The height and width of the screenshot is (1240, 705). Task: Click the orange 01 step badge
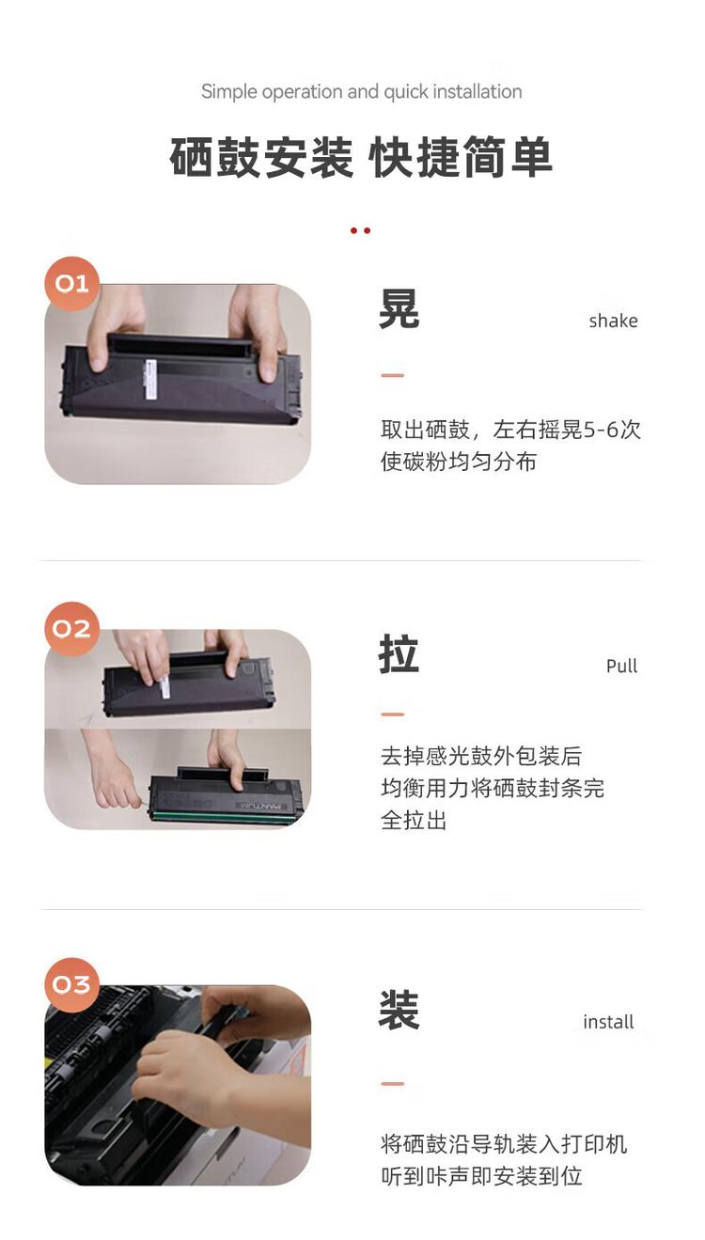(x=71, y=283)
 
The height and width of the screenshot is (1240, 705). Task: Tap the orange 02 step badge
(x=71, y=629)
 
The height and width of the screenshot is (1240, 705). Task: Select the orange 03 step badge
(x=71, y=984)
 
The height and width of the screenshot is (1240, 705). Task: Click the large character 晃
(x=399, y=308)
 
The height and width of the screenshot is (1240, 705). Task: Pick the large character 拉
(x=399, y=654)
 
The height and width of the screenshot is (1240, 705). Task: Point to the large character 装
(x=399, y=1010)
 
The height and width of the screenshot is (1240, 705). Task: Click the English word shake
(x=613, y=321)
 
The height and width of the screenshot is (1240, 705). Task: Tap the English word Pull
(x=621, y=667)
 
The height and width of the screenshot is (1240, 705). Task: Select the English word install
(x=608, y=1022)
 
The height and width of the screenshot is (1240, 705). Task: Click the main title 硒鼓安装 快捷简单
(x=361, y=157)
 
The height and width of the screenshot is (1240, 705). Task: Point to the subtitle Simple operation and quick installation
(x=361, y=91)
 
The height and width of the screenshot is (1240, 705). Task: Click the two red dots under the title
(x=360, y=230)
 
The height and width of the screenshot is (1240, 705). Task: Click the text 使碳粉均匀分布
(x=458, y=462)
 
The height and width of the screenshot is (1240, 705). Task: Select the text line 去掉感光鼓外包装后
(x=481, y=756)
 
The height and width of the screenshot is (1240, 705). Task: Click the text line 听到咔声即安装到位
(x=481, y=1175)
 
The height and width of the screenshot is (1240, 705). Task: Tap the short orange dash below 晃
(x=392, y=375)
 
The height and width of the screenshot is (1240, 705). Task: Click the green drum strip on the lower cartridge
(x=224, y=816)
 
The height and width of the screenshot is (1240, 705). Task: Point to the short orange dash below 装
(x=392, y=1084)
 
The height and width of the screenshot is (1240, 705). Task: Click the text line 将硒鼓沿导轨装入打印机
(x=504, y=1143)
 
